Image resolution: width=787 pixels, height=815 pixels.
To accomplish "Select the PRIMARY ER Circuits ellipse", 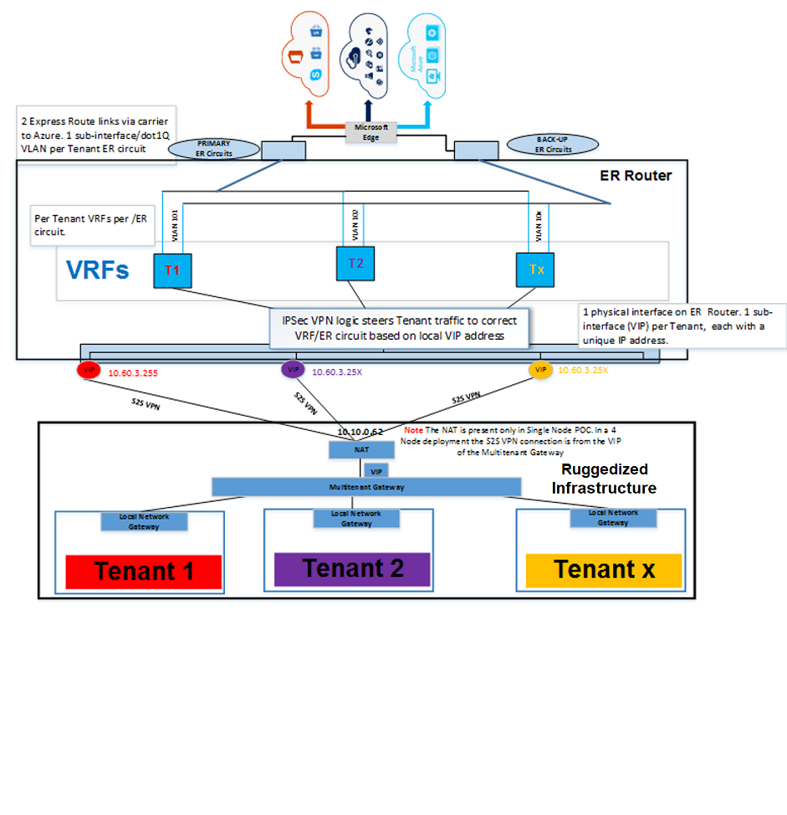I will click(214, 148).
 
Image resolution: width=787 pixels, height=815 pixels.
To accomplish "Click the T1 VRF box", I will click(172, 269).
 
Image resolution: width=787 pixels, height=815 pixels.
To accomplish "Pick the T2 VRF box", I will click(356, 263).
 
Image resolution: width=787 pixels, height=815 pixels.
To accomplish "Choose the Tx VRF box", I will click(537, 269).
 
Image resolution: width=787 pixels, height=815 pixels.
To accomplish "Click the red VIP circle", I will click(87, 369).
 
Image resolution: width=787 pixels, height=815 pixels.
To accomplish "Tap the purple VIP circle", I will click(293, 369).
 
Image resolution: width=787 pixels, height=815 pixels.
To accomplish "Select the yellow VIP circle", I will click(541, 369).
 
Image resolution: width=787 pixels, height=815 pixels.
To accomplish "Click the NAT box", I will click(362, 450).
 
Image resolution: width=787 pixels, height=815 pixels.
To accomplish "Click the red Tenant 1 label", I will click(143, 572).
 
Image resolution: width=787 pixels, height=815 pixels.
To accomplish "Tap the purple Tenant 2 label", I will click(352, 568).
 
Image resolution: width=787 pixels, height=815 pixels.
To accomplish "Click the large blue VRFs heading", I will click(97, 270).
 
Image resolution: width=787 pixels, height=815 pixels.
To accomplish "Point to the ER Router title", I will click(636, 176).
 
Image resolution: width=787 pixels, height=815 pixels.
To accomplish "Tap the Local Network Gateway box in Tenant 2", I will click(356, 518).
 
